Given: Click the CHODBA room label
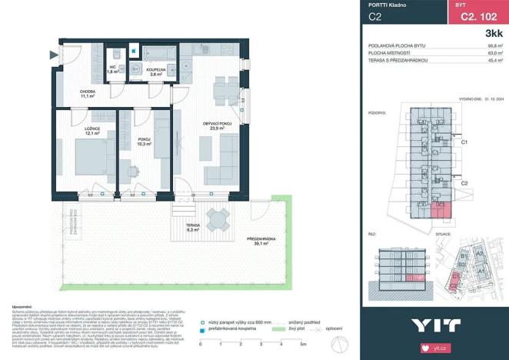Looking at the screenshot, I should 87,94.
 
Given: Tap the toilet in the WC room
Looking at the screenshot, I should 112,54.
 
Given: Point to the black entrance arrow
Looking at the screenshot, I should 52,55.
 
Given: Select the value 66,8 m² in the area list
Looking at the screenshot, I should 495,46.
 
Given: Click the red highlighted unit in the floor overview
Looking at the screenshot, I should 440,208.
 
